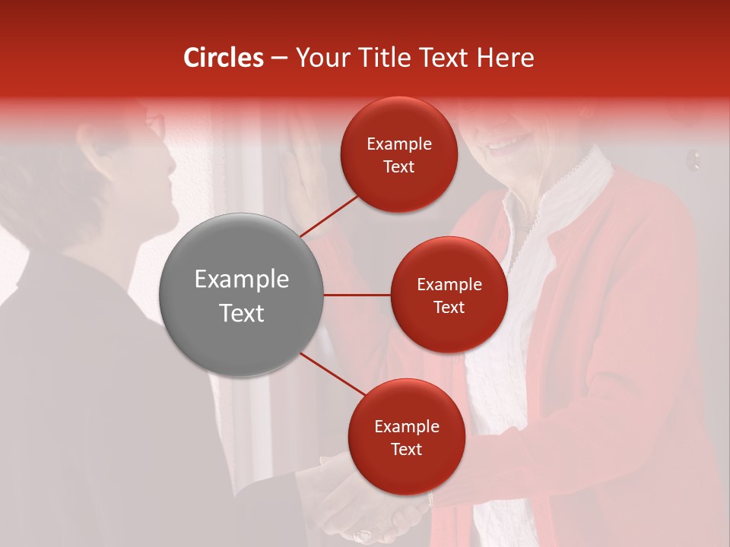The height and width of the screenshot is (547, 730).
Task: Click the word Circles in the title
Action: (x=224, y=58)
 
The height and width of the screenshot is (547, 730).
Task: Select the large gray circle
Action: (x=242, y=295)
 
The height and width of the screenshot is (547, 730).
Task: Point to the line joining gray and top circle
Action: (x=331, y=216)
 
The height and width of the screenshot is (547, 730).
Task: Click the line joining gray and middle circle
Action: (x=357, y=295)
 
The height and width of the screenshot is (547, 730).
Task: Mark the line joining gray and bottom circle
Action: (x=333, y=374)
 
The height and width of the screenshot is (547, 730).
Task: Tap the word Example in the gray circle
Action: (x=242, y=280)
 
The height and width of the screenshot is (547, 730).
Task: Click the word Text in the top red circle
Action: (x=399, y=167)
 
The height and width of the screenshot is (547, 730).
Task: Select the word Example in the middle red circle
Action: (x=449, y=285)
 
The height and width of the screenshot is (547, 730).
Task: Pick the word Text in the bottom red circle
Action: (x=406, y=449)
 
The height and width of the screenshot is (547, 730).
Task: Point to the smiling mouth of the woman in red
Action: (x=506, y=143)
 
